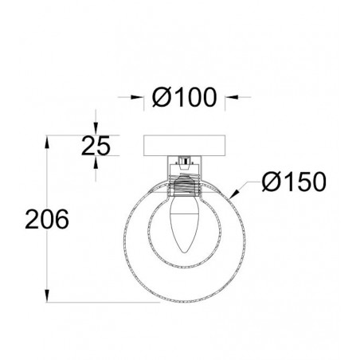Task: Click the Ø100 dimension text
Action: tap(185, 98)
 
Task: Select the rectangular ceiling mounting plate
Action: tap(184, 146)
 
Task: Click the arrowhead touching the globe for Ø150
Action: tap(233, 194)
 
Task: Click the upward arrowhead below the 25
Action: tap(96, 160)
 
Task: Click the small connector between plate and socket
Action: tap(184, 163)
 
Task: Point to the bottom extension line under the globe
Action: tap(104, 302)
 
